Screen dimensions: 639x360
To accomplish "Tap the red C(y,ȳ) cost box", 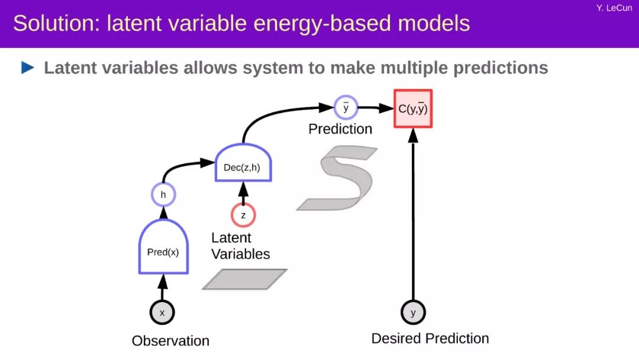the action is [413, 108].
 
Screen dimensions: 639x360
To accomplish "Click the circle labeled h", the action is [163, 194].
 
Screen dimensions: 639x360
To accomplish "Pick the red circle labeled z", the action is [243, 215].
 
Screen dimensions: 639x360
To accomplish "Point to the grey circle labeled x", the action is [162, 312].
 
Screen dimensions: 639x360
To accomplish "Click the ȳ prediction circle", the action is [346, 108].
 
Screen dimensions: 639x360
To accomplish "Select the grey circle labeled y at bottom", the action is [413, 312].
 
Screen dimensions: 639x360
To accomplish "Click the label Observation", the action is [170, 341].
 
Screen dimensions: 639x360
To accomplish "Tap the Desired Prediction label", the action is [430, 339].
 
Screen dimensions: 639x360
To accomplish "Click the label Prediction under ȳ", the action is [340, 129].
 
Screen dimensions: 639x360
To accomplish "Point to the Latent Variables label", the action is [240, 246].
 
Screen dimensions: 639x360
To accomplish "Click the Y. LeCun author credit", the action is [615, 8].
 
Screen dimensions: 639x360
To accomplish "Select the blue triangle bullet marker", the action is [28, 68].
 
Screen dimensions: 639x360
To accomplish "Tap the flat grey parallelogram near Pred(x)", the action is [244, 279].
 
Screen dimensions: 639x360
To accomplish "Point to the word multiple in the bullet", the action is [414, 68].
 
